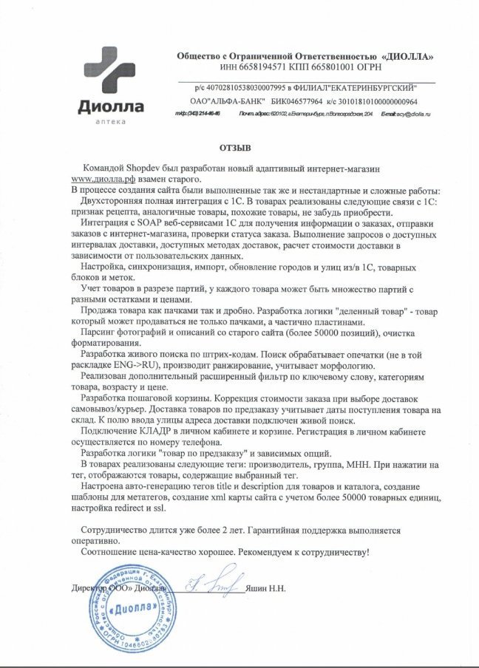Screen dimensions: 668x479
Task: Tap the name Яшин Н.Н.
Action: [x=274, y=589]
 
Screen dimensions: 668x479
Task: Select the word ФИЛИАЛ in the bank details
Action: [x=315, y=88]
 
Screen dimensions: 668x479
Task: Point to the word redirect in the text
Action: [x=130, y=509]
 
